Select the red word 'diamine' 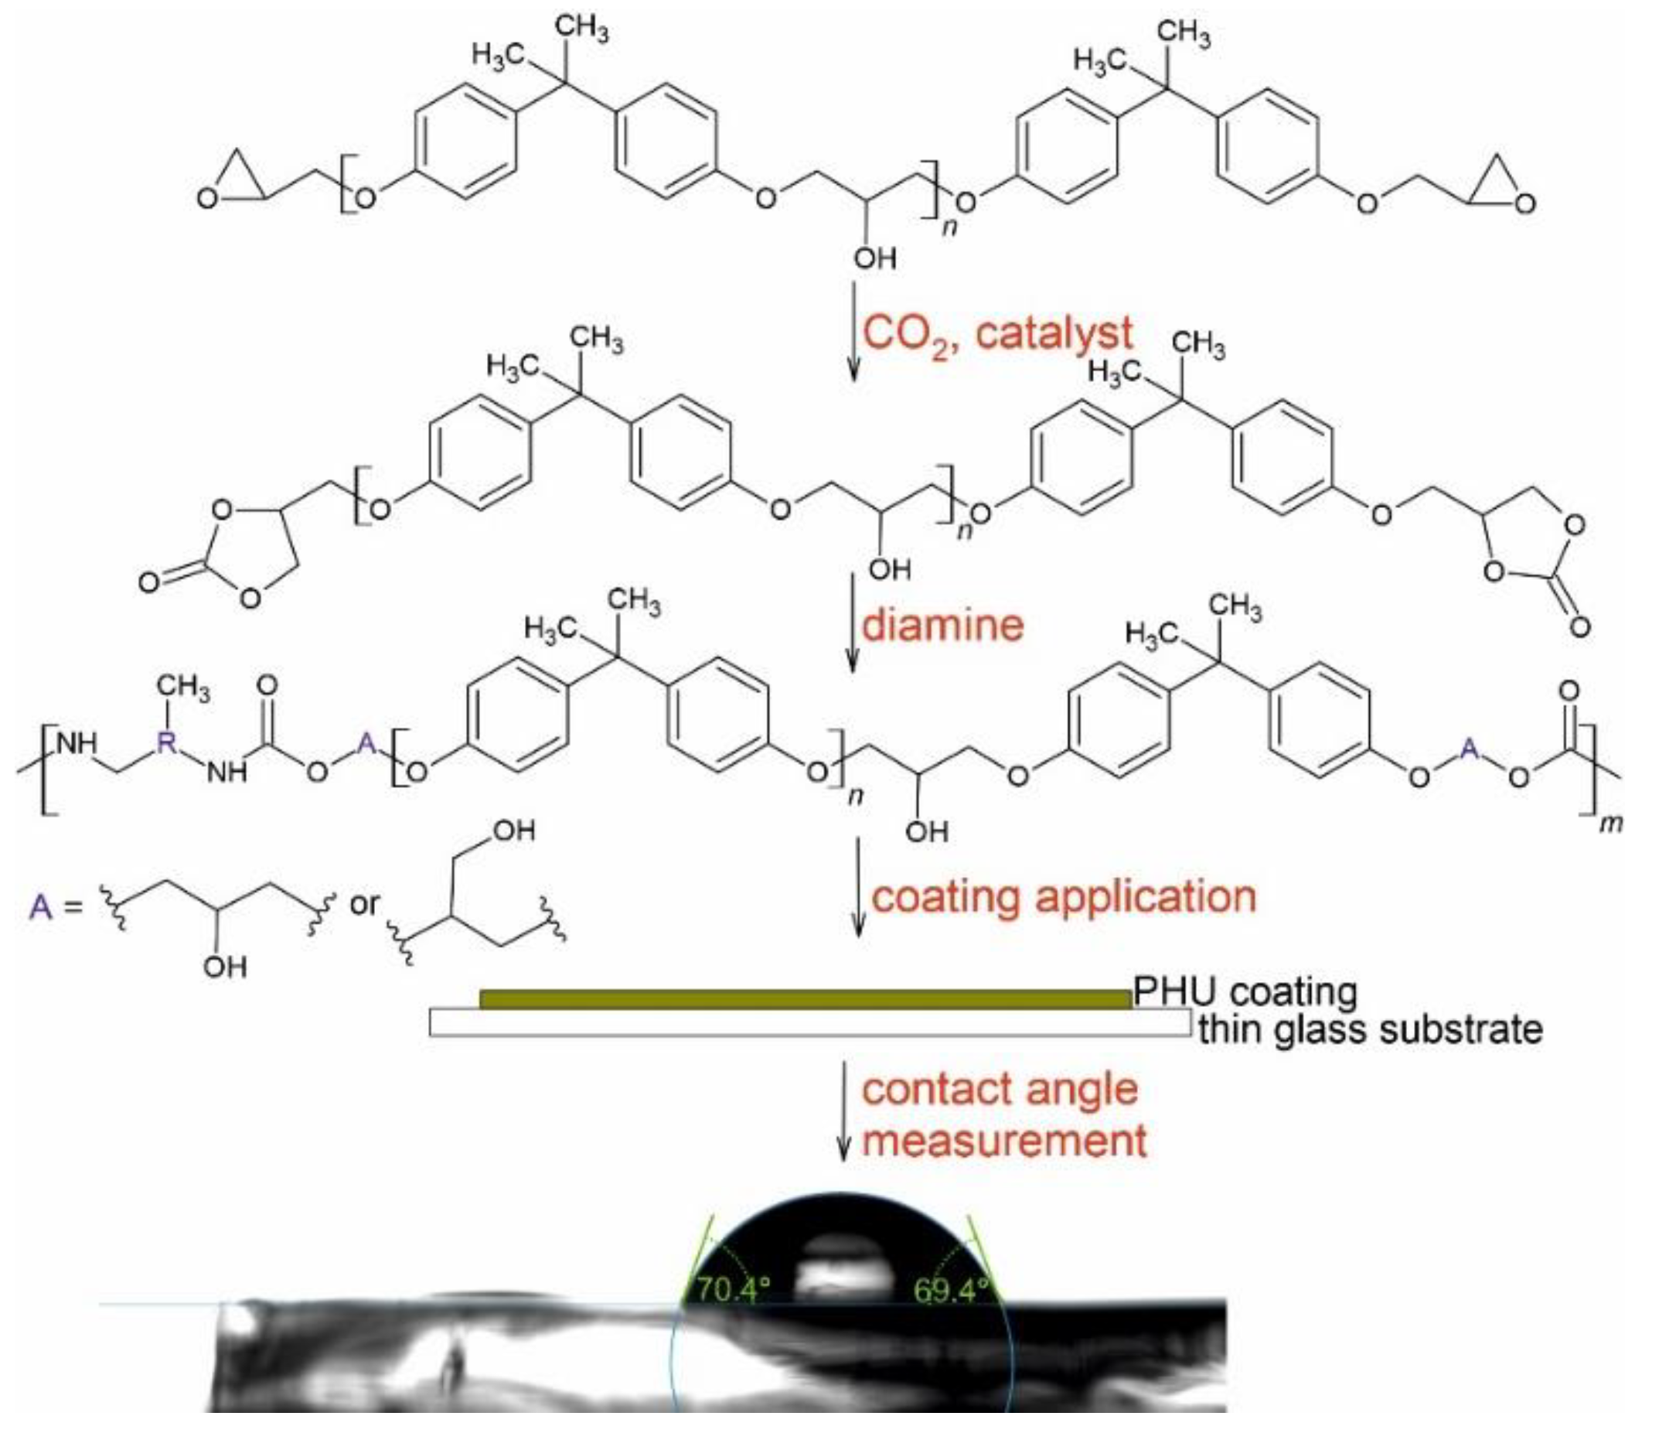[942, 626]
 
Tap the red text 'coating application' [1064, 897]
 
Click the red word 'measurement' [1003, 1140]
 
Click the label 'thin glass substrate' [1370, 1030]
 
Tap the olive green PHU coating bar [805, 999]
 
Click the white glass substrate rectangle [809, 1022]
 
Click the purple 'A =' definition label [55, 907]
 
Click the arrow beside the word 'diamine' [851, 623]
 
